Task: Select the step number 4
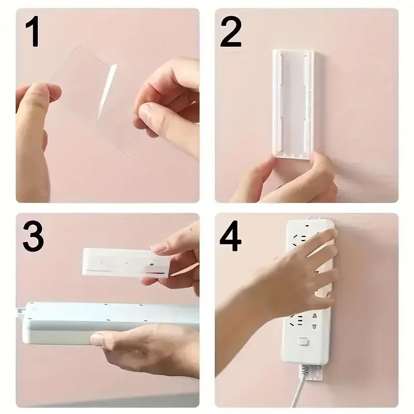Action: (231, 236)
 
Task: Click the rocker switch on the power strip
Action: (304, 342)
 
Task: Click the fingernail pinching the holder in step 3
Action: (159, 248)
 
